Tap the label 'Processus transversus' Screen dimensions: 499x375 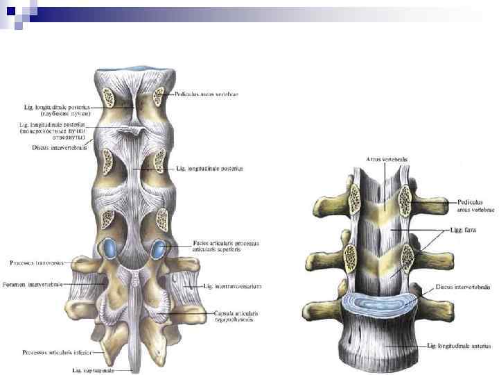click(36, 262)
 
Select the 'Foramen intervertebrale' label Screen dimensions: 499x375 click(35, 284)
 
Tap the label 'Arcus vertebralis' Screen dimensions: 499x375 click(387, 159)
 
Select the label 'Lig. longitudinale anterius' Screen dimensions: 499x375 click(459, 345)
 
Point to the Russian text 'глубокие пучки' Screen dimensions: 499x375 click(62, 113)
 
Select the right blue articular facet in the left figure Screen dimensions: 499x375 click(160, 247)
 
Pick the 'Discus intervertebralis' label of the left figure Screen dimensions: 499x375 click(60, 147)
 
